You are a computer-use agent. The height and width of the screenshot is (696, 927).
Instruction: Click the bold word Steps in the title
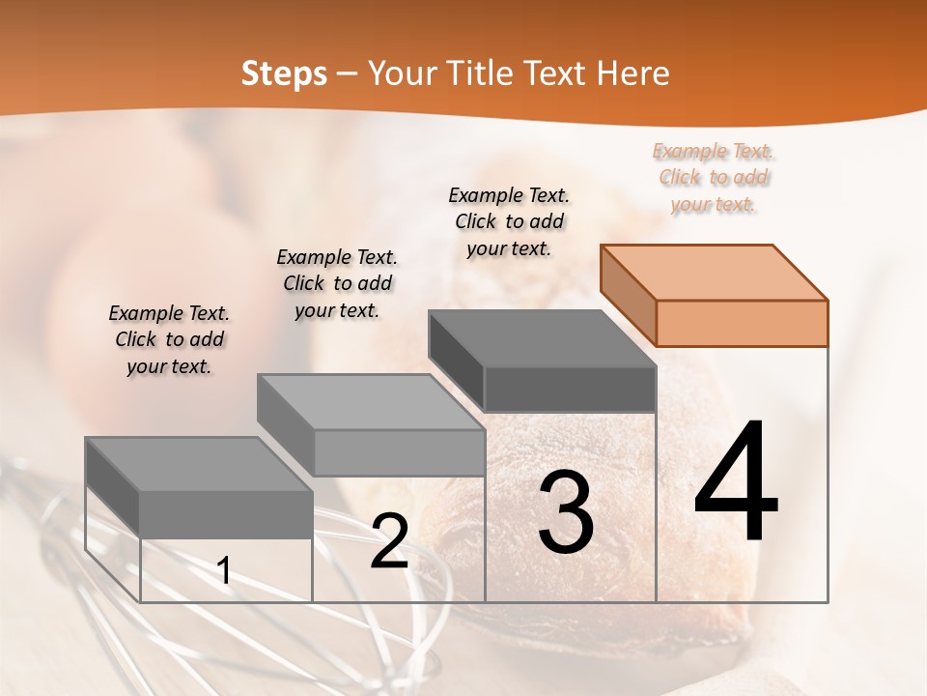point(284,73)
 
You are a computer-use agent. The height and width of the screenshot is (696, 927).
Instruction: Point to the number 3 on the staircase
point(565,512)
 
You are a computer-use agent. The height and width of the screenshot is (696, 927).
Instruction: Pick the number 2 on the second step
point(389,542)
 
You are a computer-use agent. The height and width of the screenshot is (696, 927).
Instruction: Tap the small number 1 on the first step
point(224,572)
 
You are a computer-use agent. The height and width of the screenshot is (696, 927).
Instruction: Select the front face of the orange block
point(742,323)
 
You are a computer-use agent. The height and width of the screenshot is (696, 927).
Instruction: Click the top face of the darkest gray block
point(541,338)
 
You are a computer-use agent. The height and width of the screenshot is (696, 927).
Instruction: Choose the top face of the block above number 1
point(198,464)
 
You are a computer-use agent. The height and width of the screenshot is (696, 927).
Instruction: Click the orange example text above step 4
point(714,178)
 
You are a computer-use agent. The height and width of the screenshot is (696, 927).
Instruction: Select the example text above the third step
point(509,221)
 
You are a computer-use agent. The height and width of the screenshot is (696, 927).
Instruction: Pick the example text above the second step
point(337,283)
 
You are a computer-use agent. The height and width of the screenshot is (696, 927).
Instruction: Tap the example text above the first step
point(169,339)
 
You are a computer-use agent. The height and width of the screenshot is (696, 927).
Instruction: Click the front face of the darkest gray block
point(570,389)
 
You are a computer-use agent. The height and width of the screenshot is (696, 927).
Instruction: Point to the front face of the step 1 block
point(226,514)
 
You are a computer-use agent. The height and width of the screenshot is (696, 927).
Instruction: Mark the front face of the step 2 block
point(399,452)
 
